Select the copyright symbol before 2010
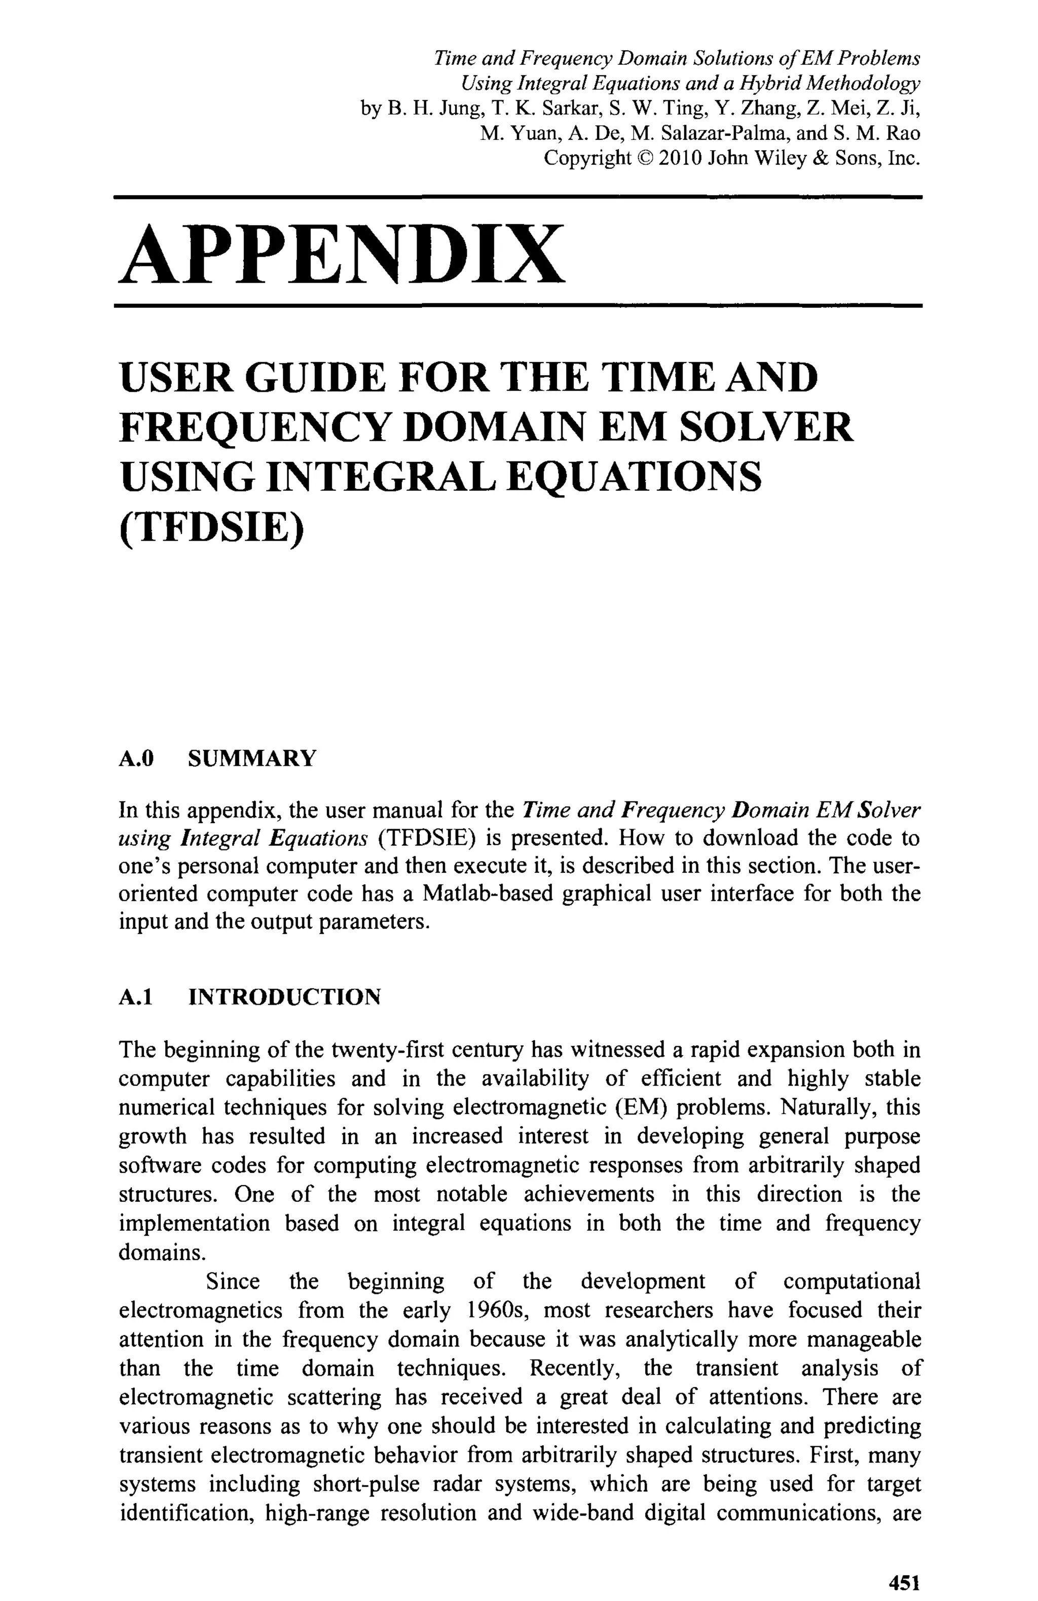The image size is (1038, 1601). coord(645,158)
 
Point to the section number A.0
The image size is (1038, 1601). coord(136,759)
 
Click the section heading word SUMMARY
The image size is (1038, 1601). coord(251,759)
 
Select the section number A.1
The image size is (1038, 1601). coord(136,997)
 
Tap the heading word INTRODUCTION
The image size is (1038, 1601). coord(284,997)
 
